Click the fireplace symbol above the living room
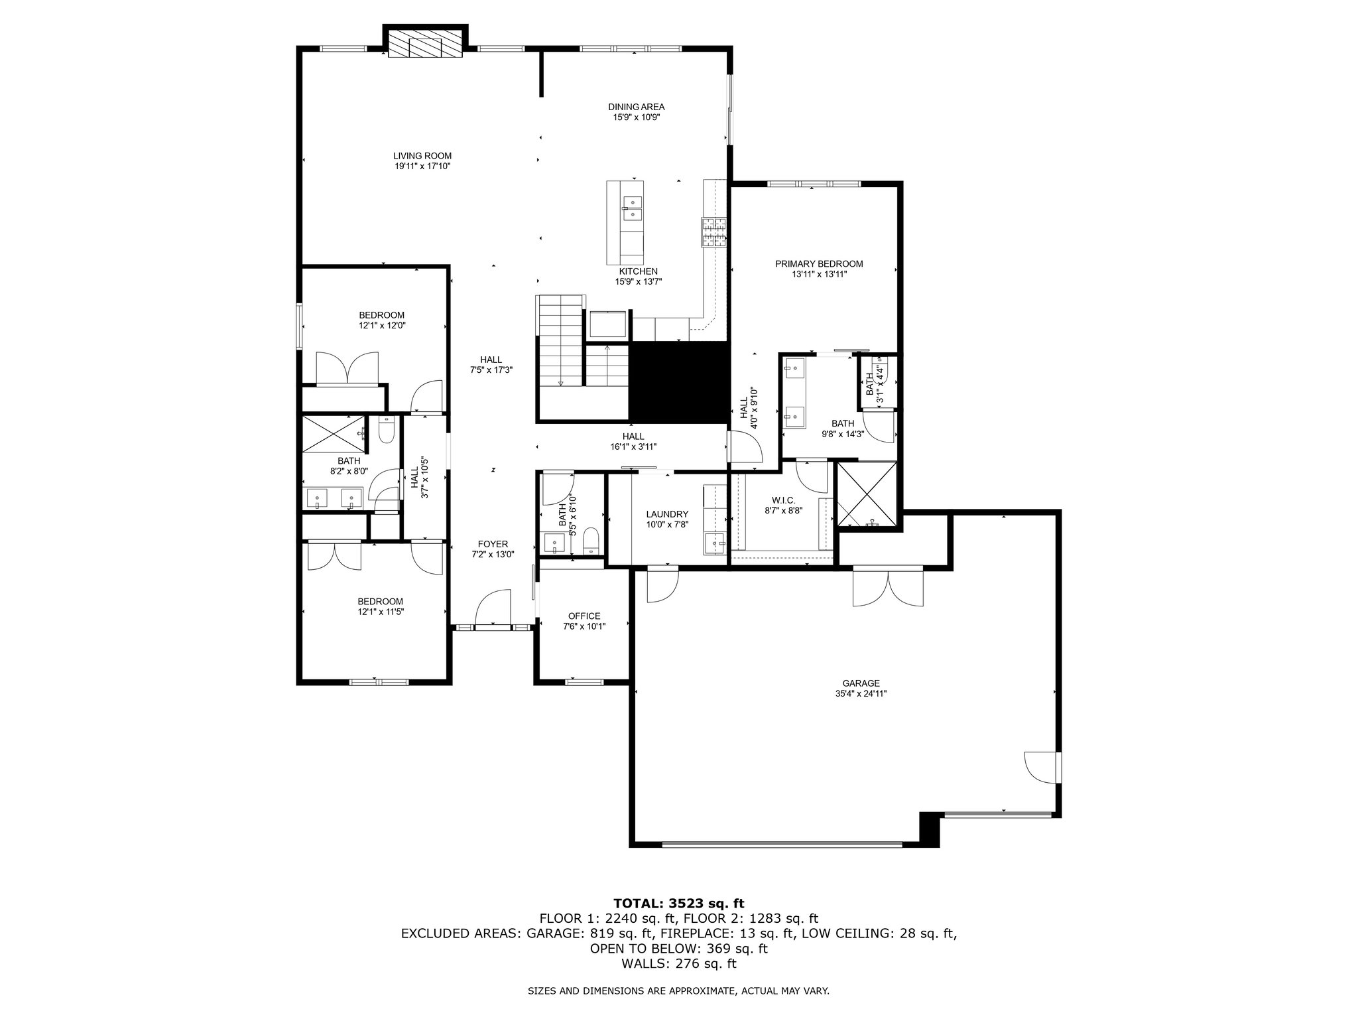pyautogui.click(x=425, y=44)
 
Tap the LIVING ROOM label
pyautogui.click(x=422, y=156)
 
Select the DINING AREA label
pyautogui.click(x=636, y=107)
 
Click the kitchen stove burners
pyautogui.click(x=714, y=233)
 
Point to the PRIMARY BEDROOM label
pyautogui.click(x=819, y=264)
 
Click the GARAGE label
pyautogui.click(x=861, y=683)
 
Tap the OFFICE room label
pyautogui.click(x=584, y=616)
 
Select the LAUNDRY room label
pyautogui.click(x=667, y=514)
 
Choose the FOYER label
pyautogui.click(x=493, y=543)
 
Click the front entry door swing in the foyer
pyautogui.click(x=492, y=606)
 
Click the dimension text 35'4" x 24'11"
pyautogui.click(x=861, y=694)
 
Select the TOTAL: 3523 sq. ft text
pyautogui.click(x=679, y=903)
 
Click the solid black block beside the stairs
pyautogui.click(x=678, y=382)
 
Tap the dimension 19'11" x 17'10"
pyautogui.click(x=422, y=167)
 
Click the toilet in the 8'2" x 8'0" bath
pyautogui.click(x=386, y=431)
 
